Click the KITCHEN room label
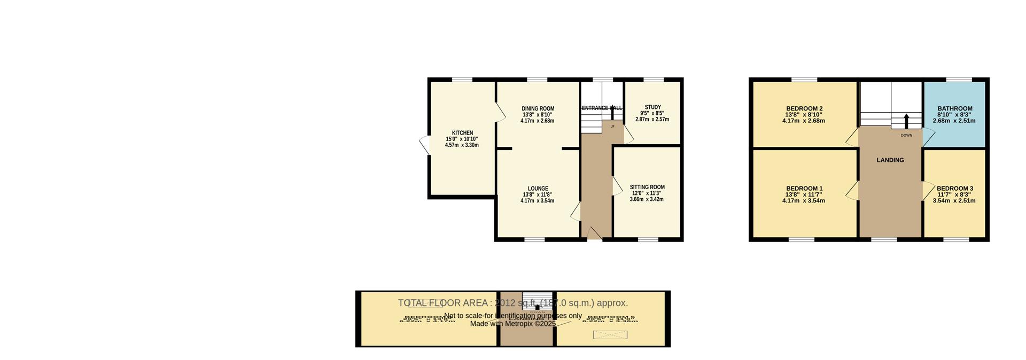[x=462, y=133]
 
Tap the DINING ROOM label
[x=538, y=109]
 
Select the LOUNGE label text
[x=538, y=189]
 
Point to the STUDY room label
[x=652, y=107]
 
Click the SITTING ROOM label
[x=647, y=187]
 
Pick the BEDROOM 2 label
[x=804, y=108]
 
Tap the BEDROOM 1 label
[x=804, y=189]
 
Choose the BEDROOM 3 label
[x=954, y=189]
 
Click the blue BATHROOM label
[x=954, y=108]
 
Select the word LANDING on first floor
[x=890, y=160]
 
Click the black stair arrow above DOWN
[x=906, y=121]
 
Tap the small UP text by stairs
[x=612, y=127]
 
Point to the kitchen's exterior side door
[x=424, y=145]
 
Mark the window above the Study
[x=653, y=80]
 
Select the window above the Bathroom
[x=959, y=80]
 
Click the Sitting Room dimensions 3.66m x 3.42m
[x=647, y=199]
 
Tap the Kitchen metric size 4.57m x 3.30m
[x=462, y=145]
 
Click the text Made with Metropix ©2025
[x=513, y=324]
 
